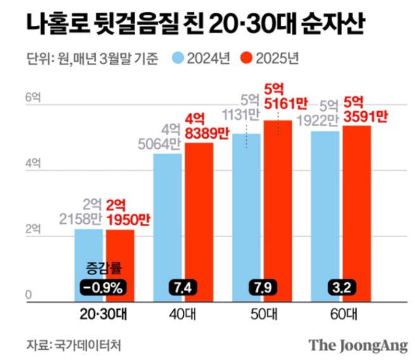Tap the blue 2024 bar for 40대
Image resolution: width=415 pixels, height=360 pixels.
[168, 222]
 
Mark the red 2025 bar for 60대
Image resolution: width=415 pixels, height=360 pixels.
[356, 209]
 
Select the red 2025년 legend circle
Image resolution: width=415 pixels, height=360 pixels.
[247, 59]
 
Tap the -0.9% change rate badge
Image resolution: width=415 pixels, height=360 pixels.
[104, 287]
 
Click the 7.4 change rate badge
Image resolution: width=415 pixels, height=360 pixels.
[183, 287]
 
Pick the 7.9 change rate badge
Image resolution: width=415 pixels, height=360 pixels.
[262, 287]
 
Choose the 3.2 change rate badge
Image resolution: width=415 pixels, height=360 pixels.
[341, 287]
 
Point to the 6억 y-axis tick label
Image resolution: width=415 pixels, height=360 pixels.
[32, 99]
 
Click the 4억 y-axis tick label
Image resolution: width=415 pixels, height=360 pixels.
[32, 164]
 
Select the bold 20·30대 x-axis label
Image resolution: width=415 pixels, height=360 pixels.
[104, 313]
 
